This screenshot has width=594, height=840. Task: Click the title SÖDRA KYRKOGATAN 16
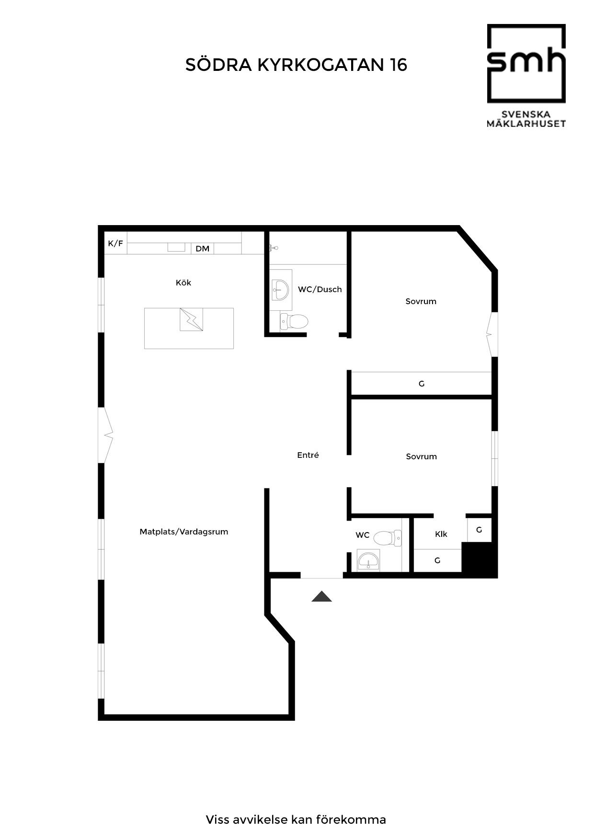pyautogui.click(x=296, y=65)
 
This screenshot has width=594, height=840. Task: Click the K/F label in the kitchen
pyautogui.click(x=115, y=244)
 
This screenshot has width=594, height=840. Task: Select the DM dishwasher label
pyautogui.click(x=203, y=249)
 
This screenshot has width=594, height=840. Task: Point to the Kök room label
pyautogui.click(x=183, y=283)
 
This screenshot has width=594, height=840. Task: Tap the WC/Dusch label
pyautogui.click(x=320, y=289)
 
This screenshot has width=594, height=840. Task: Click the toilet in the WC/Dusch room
pyautogui.click(x=293, y=321)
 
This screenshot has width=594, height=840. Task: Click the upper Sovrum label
pyautogui.click(x=421, y=301)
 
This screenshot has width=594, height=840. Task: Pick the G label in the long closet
pyautogui.click(x=422, y=384)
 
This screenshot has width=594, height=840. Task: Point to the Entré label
pyautogui.click(x=308, y=455)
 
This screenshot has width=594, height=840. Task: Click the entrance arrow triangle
pyautogui.click(x=321, y=596)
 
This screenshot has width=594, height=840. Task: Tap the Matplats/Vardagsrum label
pyautogui.click(x=184, y=532)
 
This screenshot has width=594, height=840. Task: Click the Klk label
pyautogui.click(x=441, y=534)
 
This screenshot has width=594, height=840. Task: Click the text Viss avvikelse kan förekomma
pyautogui.click(x=296, y=819)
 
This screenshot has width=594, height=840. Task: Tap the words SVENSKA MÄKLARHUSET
pyautogui.click(x=526, y=119)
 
